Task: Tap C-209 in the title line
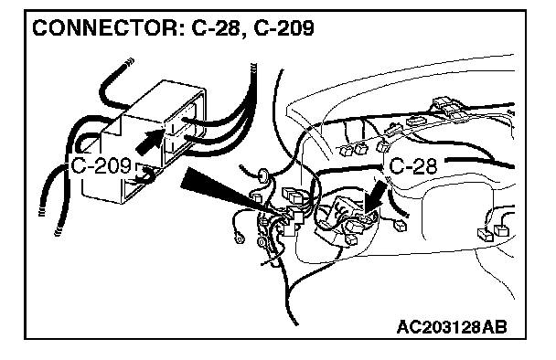284,27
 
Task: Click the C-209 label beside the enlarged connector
102,165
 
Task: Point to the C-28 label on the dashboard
412,165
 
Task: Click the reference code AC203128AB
452,327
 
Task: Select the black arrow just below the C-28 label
375,197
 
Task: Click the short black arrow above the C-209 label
150,141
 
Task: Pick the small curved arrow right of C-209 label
146,175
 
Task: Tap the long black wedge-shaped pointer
227,193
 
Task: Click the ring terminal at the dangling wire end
239,238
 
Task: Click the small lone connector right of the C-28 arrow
401,226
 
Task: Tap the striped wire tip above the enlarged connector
129,62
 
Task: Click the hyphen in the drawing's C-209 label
90,167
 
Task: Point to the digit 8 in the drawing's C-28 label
430,165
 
